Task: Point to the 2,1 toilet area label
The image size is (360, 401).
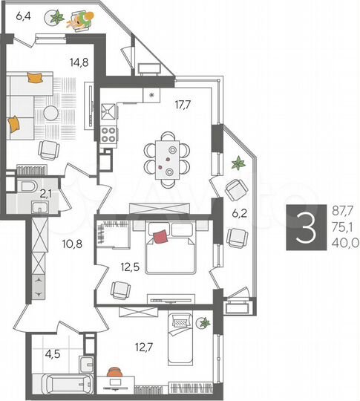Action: tap(45, 194)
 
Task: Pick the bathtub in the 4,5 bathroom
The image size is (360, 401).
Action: tap(64, 385)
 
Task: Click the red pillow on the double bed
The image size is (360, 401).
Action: tap(160, 237)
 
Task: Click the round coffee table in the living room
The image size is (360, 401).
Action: tap(50, 113)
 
